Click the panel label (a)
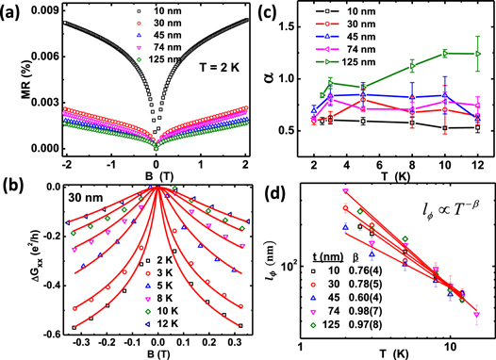pos(12,10)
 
